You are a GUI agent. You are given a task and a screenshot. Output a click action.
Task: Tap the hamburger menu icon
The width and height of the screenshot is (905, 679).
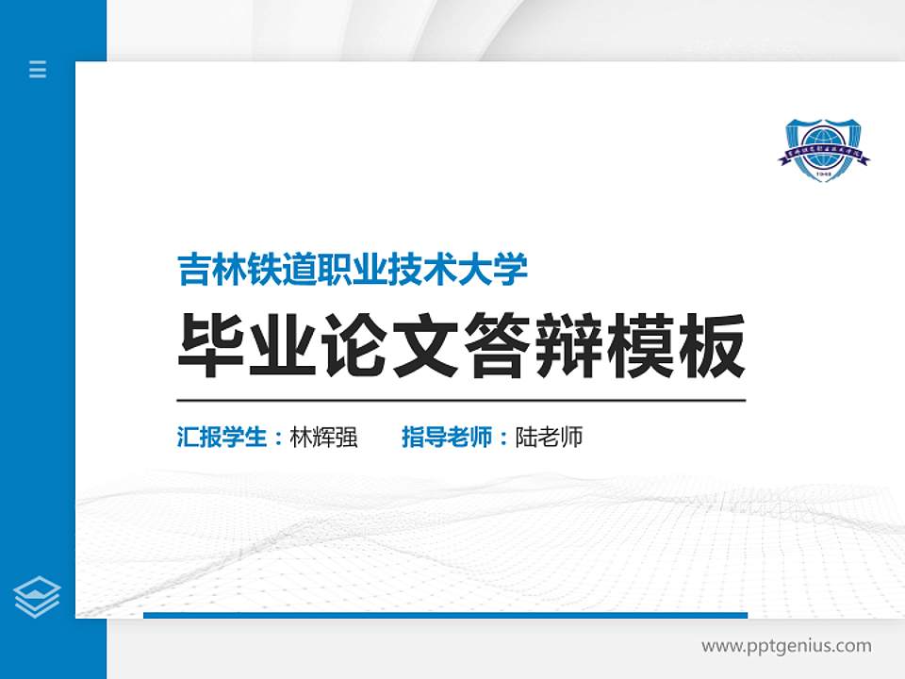pos(38,69)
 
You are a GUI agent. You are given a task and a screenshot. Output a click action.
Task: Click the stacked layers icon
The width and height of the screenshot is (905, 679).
pos(38,596)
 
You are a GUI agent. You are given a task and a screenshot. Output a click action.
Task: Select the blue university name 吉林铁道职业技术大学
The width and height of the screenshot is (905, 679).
pos(353,270)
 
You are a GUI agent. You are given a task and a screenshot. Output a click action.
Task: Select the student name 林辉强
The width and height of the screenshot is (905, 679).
pos(323,438)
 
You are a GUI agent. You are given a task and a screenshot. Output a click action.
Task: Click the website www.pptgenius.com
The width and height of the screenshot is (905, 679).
pos(786,646)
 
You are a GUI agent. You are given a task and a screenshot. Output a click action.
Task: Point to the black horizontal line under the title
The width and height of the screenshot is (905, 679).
pos(461,401)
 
